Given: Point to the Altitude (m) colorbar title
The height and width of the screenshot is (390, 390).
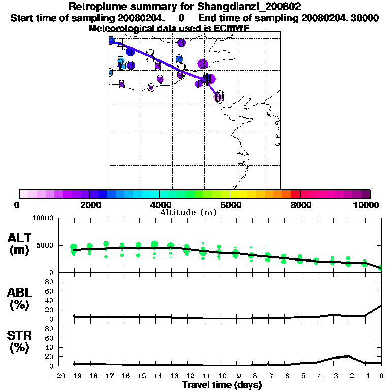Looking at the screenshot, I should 188,212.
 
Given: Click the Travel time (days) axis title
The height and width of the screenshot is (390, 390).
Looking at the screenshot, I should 222,385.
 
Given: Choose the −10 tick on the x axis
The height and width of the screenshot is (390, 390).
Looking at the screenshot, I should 219,376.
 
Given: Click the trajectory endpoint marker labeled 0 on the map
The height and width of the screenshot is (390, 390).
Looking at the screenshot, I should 219,96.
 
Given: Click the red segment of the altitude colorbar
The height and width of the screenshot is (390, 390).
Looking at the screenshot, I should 295,194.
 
